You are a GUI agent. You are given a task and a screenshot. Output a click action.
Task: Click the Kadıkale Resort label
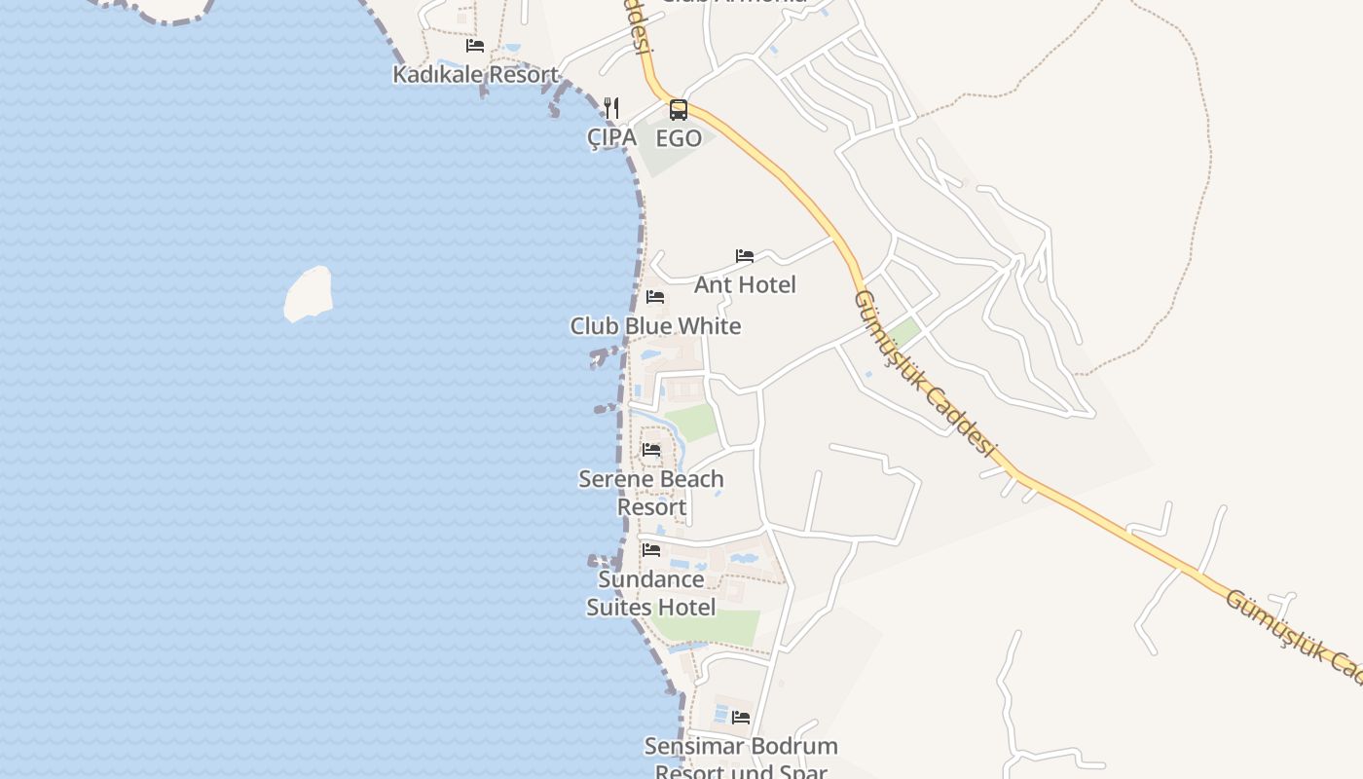pos(475,74)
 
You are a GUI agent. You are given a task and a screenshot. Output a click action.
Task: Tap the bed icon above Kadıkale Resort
pos(475,46)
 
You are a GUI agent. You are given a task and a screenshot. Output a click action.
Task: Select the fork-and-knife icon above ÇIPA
pos(611,108)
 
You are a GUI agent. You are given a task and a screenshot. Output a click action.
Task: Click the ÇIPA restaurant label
pos(611,138)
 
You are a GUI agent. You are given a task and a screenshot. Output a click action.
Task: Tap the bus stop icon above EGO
pos(679,110)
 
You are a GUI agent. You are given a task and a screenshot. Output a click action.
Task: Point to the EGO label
pos(679,138)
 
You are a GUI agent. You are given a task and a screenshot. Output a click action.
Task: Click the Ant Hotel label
pos(745,284)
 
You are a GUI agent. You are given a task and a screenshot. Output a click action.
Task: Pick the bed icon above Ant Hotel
pos(745,256)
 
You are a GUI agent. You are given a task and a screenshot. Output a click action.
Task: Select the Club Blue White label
pos(655,326)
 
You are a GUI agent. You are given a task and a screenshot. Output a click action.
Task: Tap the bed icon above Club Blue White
pos(655,297)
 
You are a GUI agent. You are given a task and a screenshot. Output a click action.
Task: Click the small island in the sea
pos(309,294)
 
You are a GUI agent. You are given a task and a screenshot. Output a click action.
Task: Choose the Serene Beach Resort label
pos(651,493)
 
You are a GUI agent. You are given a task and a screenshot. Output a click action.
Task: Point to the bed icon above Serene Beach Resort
pos(651,450)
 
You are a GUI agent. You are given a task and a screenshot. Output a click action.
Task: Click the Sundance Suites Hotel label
pos(651,593)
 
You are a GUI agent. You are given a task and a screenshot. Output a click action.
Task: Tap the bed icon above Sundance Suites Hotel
pos(651,550)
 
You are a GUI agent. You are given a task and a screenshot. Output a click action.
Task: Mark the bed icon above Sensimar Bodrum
pos(741,718)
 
